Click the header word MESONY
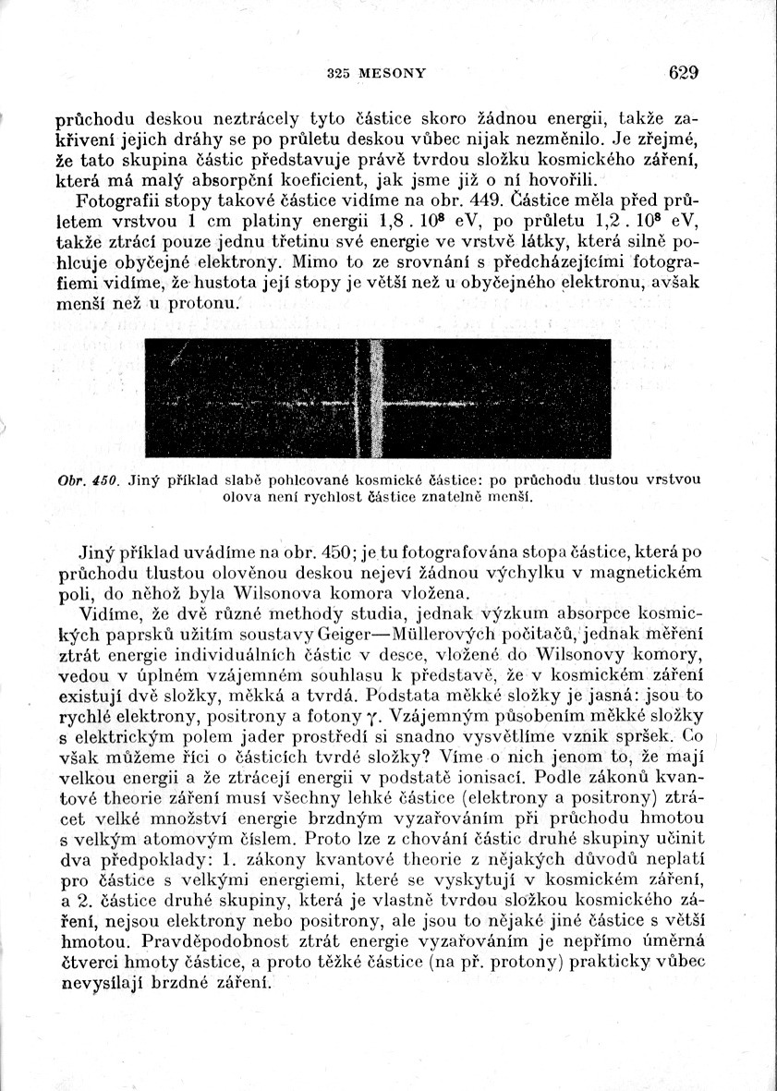pyautogui.click(x=395, y=73)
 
